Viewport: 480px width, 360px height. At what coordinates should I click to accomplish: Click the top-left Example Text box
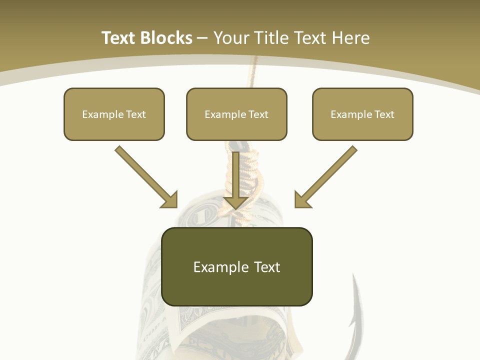coord(114,114)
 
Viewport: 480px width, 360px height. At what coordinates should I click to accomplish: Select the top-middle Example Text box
coord(236,114)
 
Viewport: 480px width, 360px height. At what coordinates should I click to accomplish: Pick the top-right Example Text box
coord(362,114)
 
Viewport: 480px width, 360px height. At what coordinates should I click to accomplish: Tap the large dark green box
coord(236,266)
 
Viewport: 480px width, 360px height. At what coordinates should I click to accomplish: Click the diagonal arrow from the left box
coord(145,176)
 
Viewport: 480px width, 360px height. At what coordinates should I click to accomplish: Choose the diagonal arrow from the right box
coord(327,176)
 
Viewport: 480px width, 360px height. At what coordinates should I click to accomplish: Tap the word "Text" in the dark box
coord(266,267)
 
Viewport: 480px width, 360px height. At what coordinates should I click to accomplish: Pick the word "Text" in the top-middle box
coord(258,114)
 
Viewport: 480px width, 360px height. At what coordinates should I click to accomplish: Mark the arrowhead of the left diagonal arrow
coord(170,200)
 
